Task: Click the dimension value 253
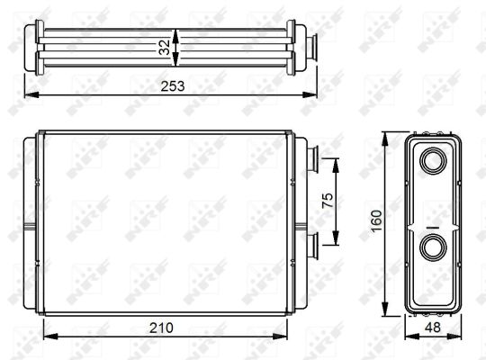172,86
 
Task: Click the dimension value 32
165,48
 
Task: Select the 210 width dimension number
161,328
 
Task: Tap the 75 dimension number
328,201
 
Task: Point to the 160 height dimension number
376,220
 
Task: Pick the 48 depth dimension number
432,327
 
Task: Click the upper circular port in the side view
433,161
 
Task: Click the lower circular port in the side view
433,247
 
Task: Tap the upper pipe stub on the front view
312,159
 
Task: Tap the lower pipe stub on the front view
312,247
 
